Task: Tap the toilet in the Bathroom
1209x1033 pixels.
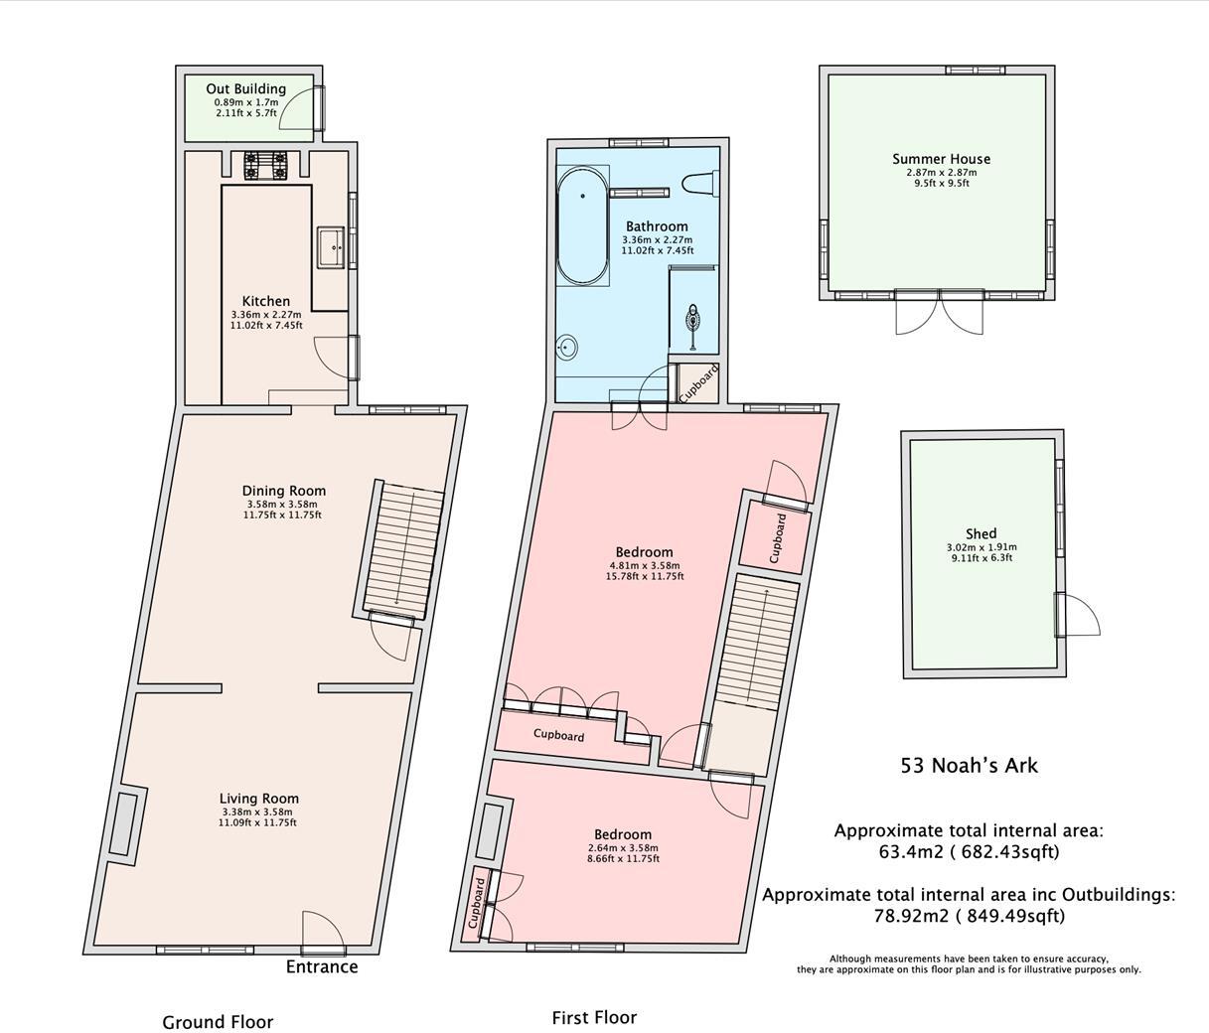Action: pyautogui.click(x=699, y=183)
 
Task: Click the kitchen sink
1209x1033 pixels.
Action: pyautogui.click(x=333, y=248)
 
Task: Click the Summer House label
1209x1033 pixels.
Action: pyautogui.click(x=941, y=159)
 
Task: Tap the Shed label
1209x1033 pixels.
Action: pyautogui.click(x=981, y=533)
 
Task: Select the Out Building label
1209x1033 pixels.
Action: pyautogui.click(x=245, y=89)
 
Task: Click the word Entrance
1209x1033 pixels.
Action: pyautogui.click(x=322, y=966)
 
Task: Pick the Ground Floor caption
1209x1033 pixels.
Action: pyautogui.click(x=218, y=1022)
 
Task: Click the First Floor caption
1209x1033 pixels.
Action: pyautogui.click(x=594, y=1018)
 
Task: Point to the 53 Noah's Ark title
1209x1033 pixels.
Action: pyautogui.click(x=969, y=765)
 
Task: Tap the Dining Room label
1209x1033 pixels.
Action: pyautogui.click(x=284, y=491)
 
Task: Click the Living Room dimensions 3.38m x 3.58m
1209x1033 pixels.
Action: pyautogui.click(x=257, y=812)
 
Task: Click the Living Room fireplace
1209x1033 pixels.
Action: pyautogui.click(x=127, y=823)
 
